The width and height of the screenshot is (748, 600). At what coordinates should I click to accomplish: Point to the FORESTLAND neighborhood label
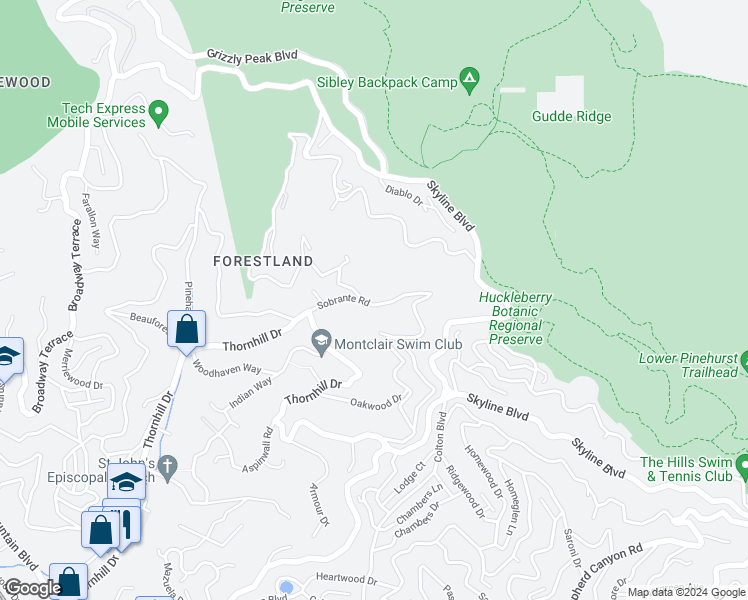click(x=263, y=261)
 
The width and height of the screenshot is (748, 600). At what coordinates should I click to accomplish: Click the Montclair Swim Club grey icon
click(x=321, y=343)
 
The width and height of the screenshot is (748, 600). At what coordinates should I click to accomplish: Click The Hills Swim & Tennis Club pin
click(x=742, y=466)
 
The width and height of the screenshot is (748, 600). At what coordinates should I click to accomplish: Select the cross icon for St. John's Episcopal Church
click(x=169, y=466)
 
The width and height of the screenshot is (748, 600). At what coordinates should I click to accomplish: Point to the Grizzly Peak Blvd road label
click(x=252, y=57)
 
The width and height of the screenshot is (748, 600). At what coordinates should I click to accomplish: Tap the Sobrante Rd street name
click(x=343, y=300)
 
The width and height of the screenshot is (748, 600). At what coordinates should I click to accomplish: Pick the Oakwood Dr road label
click(x=376, y=402)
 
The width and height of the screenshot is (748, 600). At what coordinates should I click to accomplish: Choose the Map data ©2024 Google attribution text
click(x=685, y=592)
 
